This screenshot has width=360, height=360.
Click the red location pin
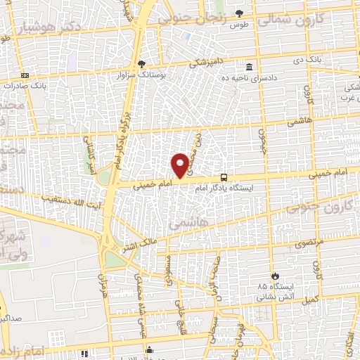click(x=181, y=165)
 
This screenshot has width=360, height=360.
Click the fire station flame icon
click(x=276, y=276)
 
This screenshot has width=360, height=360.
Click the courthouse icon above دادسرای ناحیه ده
click(x=250, y=67)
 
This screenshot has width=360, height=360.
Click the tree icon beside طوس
click(x=239, y=13)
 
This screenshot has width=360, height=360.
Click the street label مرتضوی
click(x=307, y=241)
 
